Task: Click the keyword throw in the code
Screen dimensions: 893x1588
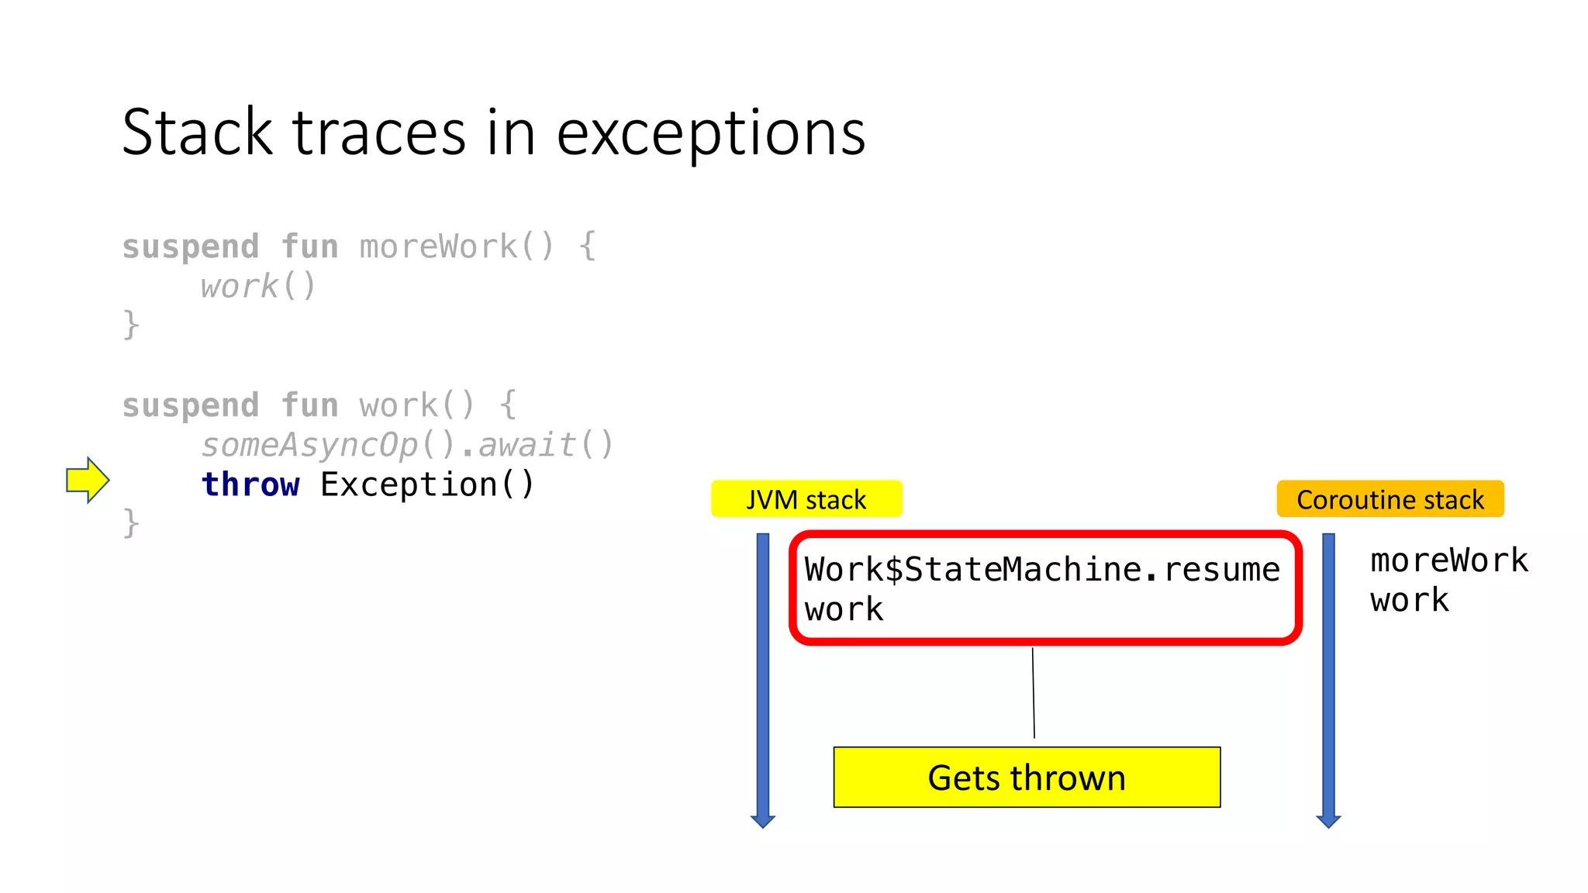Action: pos(250,484)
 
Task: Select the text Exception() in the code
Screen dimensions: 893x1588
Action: pos(427,484)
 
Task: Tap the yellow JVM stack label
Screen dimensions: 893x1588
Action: pos(806,499)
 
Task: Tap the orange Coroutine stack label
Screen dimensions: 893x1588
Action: pos(1389,499)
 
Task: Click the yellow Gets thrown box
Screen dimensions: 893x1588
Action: pos(1027,777)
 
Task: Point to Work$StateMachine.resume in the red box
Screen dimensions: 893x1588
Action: pos(1041,570)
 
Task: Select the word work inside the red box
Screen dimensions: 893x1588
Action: pos(844,609)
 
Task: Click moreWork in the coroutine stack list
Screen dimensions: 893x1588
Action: pos(1448,560)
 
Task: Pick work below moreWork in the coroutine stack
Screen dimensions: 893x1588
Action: pos(1409,600)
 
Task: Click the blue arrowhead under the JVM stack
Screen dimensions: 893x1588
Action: pos(763,820)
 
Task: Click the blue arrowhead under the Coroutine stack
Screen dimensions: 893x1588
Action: pos(1328,820)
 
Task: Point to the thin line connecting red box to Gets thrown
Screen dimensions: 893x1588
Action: pos(1034,692)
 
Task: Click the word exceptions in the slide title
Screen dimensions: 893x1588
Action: pos(710,133)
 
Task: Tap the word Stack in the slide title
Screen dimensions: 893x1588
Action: pos(198,133)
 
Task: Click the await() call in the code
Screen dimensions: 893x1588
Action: pos(546,445)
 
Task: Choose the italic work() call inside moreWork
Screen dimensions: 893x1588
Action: pos(258,286)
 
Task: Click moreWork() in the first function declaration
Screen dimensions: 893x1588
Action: pos(457,247)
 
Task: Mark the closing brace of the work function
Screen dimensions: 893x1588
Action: pos(131,523)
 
